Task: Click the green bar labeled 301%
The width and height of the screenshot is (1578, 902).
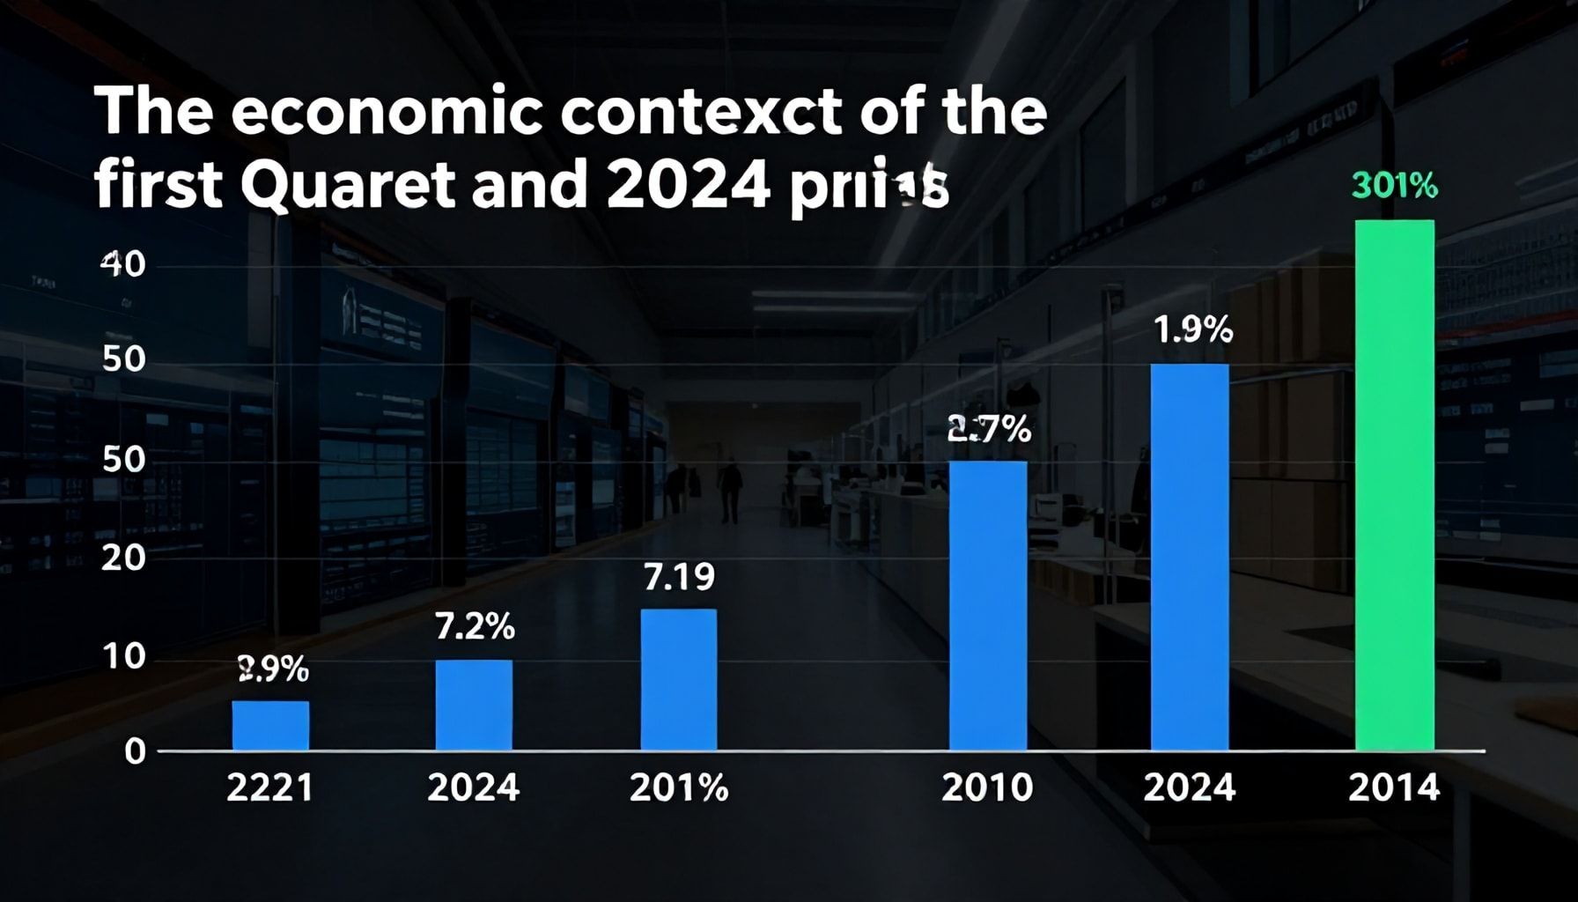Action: (1394, 484)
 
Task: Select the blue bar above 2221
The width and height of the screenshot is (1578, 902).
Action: (270, 726)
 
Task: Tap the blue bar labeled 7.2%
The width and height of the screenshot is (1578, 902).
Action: (474, 705)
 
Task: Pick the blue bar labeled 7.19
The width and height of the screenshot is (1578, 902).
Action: (678, 679)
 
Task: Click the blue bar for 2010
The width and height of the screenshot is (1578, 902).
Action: (987, 605)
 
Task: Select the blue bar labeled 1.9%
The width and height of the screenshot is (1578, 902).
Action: (1190, 557)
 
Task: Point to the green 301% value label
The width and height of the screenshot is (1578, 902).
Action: (1394, 186)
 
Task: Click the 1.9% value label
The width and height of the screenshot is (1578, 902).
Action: (1192, 330)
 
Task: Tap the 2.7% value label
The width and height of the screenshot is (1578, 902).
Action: (989, 429)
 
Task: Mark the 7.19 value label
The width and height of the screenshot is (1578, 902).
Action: (679, 577)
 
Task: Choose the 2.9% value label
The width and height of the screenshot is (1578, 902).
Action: (273, 670)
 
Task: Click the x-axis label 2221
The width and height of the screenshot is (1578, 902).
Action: (269, 787)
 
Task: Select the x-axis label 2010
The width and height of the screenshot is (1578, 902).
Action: (986, 787)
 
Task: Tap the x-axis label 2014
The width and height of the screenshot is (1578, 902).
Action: (1394, 787)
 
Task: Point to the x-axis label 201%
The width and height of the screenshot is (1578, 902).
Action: (679, 787)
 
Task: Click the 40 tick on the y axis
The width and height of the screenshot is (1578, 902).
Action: (122, 263)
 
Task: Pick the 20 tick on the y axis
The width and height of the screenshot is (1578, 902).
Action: (122, 558)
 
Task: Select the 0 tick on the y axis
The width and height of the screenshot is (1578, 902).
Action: (135, 751)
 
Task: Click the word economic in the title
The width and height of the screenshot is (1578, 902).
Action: (387, 112)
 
